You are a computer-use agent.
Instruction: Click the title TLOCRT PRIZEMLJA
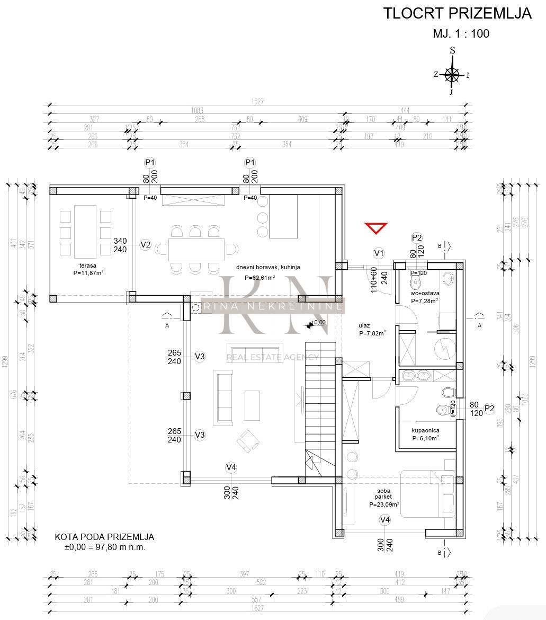pyautogui.click(x=457, y=14)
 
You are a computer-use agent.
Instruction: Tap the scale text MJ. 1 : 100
pyautogui.click(x=461, y=33)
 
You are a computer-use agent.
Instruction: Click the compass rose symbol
pyautogui.click(x=452, y=75)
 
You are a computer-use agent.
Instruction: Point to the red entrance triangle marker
pyautogui.click(x=376, y=228)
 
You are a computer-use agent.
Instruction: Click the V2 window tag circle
pyautogui.click(x=146, y=245)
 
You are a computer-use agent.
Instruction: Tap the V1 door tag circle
pyautogui.click(x=379, y=253)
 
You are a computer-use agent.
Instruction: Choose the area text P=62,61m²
pyautogui.click(x=259, y=277)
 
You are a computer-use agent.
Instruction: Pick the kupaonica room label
pyautogui.click(x=426, y=431)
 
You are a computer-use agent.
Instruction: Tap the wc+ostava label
pyautogui.click(x=425, y=293)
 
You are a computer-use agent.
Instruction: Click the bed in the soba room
pyautogui.click(x=428, y=493)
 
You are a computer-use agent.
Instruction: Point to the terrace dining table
pyautogui.click(x=85, y=231)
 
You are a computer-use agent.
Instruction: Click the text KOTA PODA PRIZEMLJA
pyautogui.click(x=104, y=537)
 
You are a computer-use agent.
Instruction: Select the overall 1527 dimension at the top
pyautogui.click(x=258, y=102)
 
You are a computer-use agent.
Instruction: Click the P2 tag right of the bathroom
pyautogui.click(x=489, y=408)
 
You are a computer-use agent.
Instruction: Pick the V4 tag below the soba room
pyautogui.click(x=385, y=520)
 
